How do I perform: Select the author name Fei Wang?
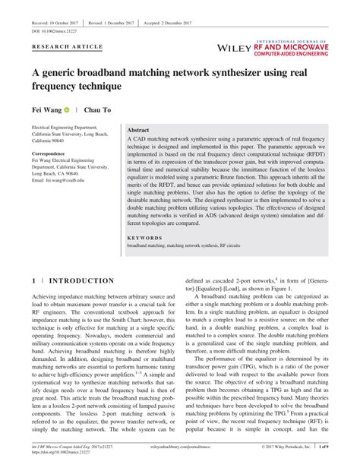coord(45,109)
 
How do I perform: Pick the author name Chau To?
coord(97,109)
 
